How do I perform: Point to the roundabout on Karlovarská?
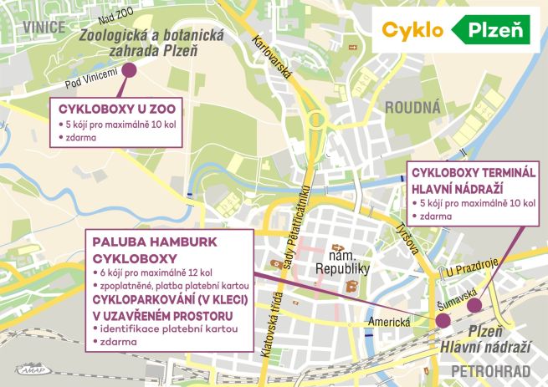click(x=316, y=120)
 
